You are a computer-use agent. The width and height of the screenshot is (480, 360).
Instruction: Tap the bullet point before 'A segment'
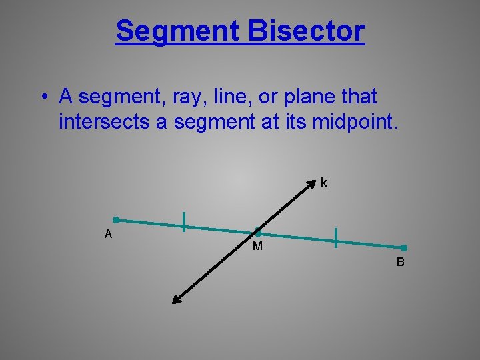click(x=42, y=98)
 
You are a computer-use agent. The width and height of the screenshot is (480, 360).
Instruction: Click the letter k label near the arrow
click(x=323, y=183)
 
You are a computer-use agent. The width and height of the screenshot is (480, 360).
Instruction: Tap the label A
click(x=108, y=234)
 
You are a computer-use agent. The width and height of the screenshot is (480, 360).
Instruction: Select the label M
click(x=257, y=247)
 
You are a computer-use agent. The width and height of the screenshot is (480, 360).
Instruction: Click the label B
click(x=400, y=262)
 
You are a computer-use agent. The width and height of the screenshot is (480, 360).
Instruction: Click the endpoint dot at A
click(x=115, y=219)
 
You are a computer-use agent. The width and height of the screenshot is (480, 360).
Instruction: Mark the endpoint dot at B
click(x=403, y=247)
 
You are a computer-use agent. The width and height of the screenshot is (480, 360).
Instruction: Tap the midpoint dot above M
click(x=258, y=233)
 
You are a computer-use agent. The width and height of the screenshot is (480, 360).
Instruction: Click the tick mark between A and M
click(x=184, y=221)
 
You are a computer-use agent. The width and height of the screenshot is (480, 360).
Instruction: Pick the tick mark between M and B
click(x=336, y=237)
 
